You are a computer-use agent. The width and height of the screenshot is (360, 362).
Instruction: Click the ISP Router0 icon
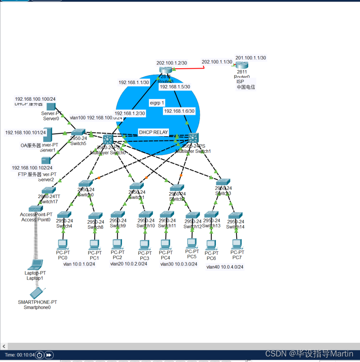242,65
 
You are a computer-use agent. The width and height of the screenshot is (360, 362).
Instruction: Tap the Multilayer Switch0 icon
107,139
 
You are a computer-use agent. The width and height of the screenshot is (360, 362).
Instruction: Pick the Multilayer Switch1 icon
194,138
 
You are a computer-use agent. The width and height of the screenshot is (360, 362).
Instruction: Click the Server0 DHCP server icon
51,106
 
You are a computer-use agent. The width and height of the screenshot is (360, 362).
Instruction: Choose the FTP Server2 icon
46,160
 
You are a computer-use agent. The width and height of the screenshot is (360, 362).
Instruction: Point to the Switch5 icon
78,132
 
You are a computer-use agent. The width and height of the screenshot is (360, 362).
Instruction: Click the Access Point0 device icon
36,209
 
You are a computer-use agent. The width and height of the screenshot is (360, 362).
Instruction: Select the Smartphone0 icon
37,293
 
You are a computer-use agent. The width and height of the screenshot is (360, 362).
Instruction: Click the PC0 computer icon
62,244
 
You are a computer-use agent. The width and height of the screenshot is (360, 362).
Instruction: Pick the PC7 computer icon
237,244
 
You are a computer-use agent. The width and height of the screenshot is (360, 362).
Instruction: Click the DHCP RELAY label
154,132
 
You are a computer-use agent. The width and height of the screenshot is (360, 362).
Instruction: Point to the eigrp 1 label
157,103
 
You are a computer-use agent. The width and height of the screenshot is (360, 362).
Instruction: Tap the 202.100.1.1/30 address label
217,62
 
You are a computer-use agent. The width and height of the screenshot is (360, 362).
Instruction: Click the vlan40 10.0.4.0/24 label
225,267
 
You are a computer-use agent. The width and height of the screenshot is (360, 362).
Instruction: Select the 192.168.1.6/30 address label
179,111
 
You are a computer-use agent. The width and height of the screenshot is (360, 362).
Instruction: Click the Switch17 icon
49,190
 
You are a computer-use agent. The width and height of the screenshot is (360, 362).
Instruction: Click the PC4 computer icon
165,244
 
